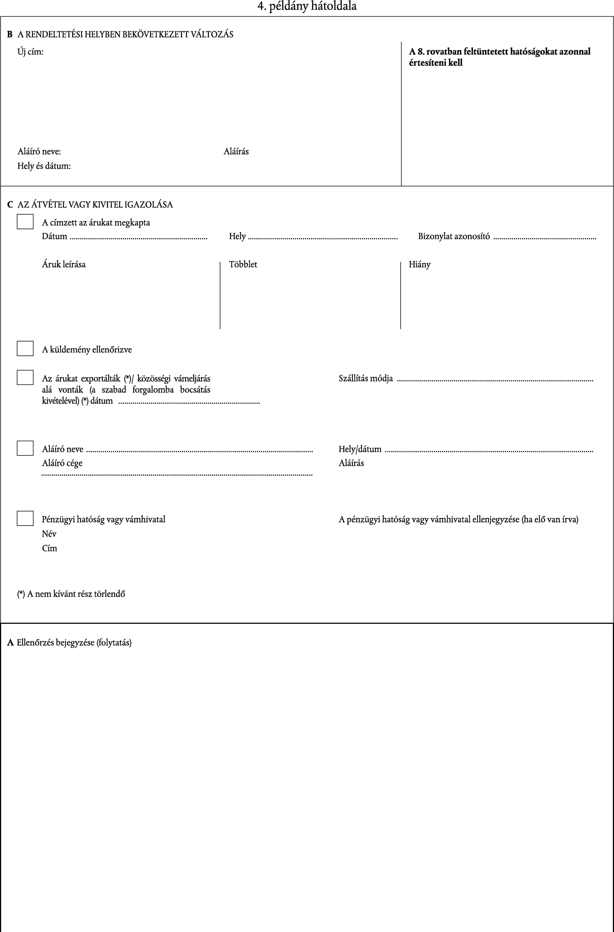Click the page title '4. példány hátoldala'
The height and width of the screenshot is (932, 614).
click(x=307, y=6)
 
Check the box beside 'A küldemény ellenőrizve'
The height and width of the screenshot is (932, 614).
click(x=25, y=348)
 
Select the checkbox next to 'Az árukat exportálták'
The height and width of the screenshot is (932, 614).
click(x=25, y=377)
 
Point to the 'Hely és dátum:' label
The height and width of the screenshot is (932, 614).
click(x=44, y=166)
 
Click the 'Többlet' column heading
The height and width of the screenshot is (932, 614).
click(x=243, y=265)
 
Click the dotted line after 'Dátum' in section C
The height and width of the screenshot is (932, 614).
click(x=138, y=238)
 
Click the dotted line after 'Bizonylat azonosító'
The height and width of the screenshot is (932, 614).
click(x=545, y=238)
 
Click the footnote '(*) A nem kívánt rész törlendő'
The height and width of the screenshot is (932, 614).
click(x=71, y=594)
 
